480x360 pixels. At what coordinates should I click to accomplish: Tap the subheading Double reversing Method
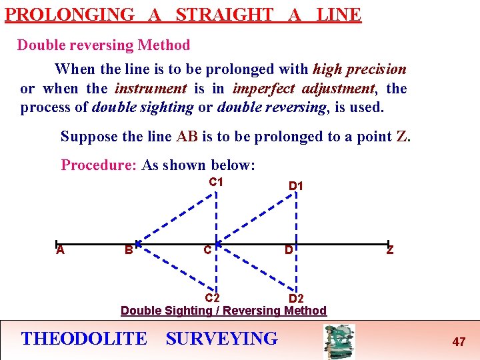(x=103, y=45)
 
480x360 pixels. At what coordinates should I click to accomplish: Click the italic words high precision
(x=359, y=69)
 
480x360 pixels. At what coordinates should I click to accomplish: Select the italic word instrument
(x=151, y=88)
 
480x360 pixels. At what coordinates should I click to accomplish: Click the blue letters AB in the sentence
(x=187, y=137)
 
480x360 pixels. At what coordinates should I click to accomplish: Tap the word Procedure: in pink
(x=99, y=165)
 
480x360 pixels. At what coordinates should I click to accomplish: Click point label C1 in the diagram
(x=216, y=182)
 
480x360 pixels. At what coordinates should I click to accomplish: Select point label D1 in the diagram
(x=296, y=185)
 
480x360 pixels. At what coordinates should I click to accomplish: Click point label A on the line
(x=60, y=250)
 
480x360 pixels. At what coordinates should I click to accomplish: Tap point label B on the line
(x=128, y=251)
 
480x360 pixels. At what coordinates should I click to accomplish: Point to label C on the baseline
(x=208, y=251)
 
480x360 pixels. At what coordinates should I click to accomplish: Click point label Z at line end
(x=390, y=251)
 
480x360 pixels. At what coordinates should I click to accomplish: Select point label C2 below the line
(x=213, y=297)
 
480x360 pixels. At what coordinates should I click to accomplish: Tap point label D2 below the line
(x=296, y=299)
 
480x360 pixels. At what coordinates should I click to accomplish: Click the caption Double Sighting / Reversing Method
(x=223, y=310)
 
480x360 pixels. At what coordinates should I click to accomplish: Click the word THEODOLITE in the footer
(x=84, y=339)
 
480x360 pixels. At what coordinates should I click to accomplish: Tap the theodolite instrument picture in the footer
(x=339, y=341)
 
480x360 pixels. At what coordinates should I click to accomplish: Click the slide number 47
(x=459, y=342)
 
